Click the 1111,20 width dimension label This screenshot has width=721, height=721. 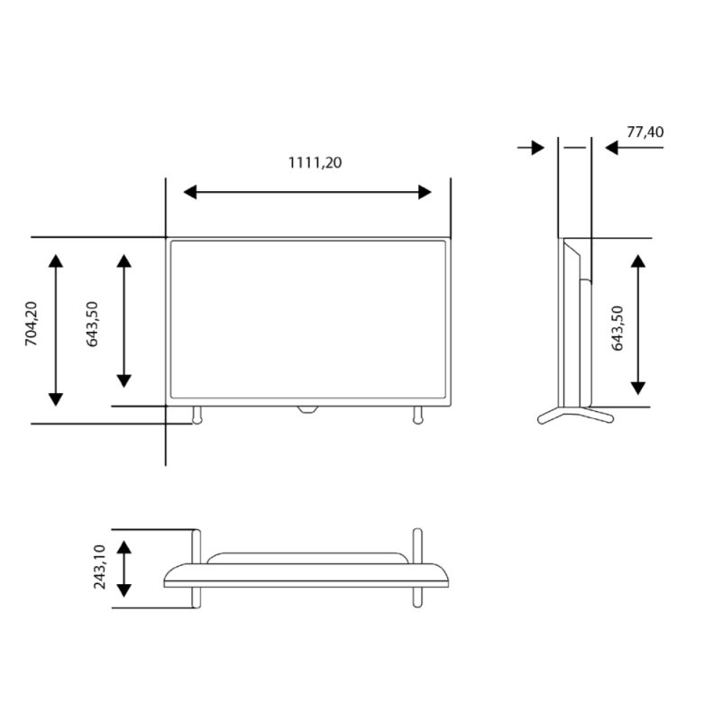[x=315, y=163]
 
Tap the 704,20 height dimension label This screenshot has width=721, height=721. [x=32, y=324]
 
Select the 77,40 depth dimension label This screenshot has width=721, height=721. [x=645, y=132]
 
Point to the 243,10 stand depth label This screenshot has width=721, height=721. [x=99, y=567]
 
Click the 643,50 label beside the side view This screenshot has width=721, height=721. [x=617, y=328]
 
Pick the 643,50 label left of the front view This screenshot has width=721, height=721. [x=92, y=324]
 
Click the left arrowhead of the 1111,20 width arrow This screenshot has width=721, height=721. [x=190, y=192]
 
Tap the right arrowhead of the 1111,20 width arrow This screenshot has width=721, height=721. [x=424, y=192]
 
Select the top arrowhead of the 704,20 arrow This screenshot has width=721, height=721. [x=56, y=260]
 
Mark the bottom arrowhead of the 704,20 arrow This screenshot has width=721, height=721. [x=56, y=399]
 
